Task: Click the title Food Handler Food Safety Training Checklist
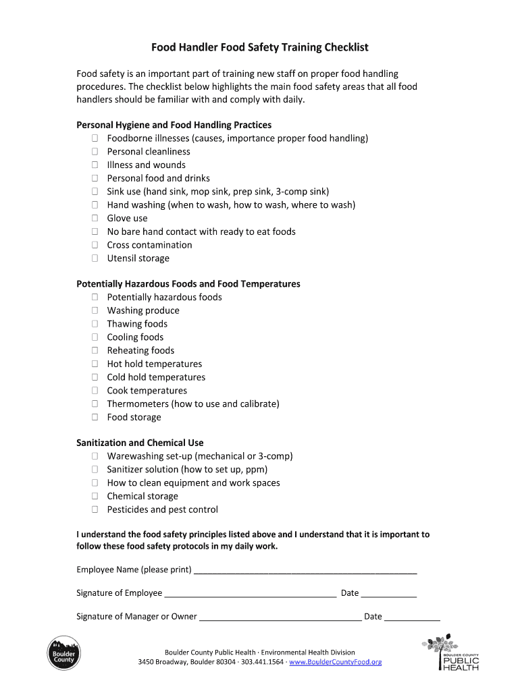point(259,47)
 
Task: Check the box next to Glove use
point(95,219)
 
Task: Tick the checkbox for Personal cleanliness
point(95,152)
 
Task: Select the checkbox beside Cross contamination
point(95,245)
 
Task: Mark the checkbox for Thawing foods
point(95,324)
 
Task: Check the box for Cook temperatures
point(95,391)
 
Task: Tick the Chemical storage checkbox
point(95,497)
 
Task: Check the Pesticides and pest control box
point(95,509)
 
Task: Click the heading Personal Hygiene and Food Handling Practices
point(174,125)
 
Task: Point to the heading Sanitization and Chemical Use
point(140,443)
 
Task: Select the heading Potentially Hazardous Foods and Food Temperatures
point(188,284)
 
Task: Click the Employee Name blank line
point(305,571)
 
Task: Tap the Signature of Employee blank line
point(250,595)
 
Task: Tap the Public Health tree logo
point(450,653)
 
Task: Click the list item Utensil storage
point(138,258)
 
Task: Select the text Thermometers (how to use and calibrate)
point(192,404)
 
